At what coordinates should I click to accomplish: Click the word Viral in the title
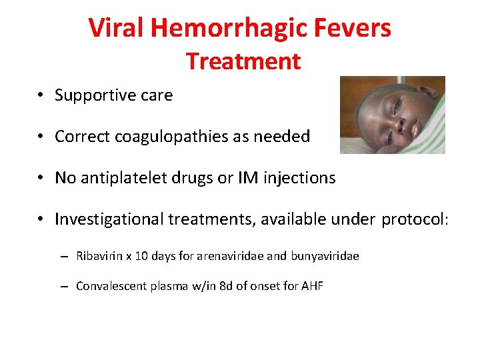tap(117, 28)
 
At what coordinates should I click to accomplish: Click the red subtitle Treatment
tap(243, 61)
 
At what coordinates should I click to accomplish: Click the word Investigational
tap(109, 219)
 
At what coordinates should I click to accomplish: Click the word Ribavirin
tap(97, 256)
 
